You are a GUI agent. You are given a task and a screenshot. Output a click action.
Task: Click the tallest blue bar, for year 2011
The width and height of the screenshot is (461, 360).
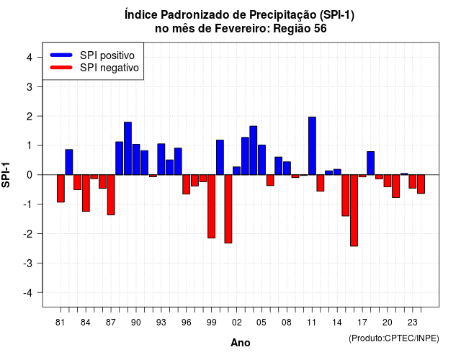click(312, 145)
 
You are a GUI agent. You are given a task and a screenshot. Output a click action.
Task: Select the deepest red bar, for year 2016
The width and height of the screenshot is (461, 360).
click(354, 210)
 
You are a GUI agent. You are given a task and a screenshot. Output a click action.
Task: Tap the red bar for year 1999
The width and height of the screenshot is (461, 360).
click(211, 207)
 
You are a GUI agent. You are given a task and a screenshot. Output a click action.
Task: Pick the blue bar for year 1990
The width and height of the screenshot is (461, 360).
click(136, 160)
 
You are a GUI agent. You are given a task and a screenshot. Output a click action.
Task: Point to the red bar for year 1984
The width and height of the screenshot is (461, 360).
click(86, 193)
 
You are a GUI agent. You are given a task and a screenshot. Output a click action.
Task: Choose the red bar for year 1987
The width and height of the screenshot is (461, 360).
click(111, 195)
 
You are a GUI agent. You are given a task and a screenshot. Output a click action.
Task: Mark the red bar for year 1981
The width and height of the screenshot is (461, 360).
click(61, 189)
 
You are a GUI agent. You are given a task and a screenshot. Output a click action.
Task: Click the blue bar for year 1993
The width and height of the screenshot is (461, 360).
click(161, 159)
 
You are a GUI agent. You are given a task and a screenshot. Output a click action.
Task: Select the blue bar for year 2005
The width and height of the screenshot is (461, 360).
click(261, 160)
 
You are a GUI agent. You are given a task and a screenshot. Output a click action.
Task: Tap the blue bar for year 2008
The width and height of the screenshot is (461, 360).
click(287, 168)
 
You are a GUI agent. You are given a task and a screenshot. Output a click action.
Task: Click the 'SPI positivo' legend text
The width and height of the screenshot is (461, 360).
click(107, 55)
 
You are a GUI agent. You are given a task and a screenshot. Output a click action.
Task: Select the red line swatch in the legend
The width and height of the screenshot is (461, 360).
click(61, 68)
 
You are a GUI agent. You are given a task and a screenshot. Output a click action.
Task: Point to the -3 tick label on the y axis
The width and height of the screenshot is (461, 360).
click(29, 263)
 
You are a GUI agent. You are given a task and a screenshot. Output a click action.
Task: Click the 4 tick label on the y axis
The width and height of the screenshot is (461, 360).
click(30, 57)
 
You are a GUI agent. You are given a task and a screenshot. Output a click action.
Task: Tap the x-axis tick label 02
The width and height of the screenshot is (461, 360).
click(237, 323)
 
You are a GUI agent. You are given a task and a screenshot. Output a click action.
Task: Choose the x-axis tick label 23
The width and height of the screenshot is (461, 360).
click(413, 323)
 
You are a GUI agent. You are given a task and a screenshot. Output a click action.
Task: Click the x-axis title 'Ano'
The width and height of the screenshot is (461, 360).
click(241, 343)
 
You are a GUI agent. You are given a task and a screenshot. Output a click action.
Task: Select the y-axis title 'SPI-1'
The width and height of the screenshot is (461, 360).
click(6, 175)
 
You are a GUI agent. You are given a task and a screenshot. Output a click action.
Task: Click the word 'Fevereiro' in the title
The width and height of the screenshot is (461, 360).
click(242, 29)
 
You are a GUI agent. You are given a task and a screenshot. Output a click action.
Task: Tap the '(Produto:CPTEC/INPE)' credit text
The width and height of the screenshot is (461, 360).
click(394, 338)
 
